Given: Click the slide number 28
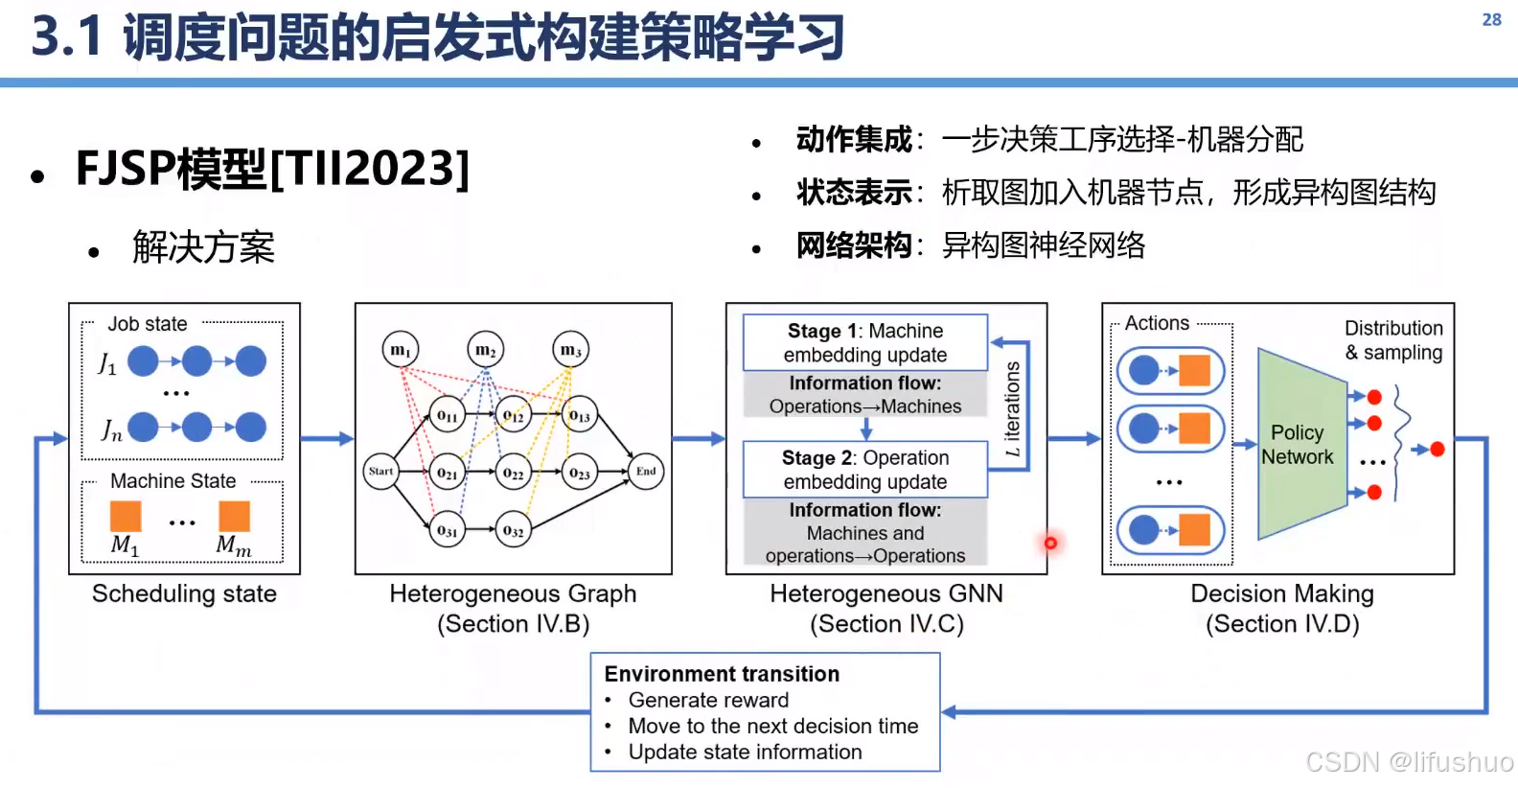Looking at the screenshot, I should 1491,19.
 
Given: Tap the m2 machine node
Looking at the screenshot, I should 486,350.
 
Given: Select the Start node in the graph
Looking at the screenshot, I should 381,471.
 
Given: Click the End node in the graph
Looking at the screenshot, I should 646,471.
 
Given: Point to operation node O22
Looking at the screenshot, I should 514,473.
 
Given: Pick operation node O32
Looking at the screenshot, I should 514,530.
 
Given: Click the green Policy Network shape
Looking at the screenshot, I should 1300,444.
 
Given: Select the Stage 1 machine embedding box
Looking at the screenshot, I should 865,342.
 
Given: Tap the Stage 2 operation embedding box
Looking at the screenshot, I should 865,469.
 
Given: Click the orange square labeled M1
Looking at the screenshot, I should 126,516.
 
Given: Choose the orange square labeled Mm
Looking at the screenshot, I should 234,516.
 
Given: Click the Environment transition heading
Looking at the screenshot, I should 722,674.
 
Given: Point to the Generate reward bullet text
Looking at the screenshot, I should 708,700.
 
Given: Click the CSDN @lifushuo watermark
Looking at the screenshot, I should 1409,762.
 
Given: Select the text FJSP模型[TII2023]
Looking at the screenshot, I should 272,169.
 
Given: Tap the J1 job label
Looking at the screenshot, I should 107,363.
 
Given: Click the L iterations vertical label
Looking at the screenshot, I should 1012,408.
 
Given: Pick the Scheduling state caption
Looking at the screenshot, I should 184,593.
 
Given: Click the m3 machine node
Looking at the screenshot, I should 571,350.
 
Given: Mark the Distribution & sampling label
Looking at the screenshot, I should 1392,340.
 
